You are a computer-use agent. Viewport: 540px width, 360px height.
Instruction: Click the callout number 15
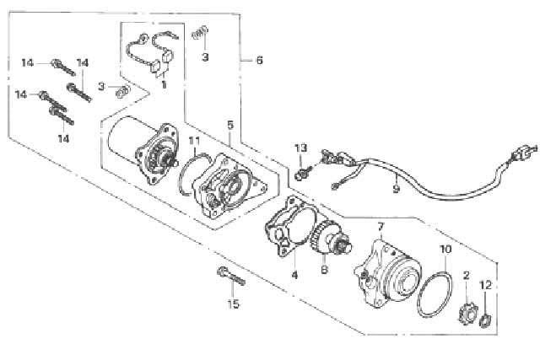point(233,304)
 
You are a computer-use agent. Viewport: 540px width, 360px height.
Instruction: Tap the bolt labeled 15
point(231,277)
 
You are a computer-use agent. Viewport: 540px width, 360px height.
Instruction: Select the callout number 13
point(300,148)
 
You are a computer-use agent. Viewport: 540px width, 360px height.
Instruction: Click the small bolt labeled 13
point(304,173)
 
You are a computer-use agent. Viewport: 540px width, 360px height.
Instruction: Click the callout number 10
point(446,249)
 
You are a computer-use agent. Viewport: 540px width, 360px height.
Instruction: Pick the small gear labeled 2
point(466,312)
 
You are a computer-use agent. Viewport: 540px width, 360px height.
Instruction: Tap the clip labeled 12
point(486,320)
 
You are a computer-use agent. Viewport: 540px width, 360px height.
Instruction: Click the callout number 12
point(486,285)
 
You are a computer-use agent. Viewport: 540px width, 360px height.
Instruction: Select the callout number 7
point(381,227)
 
